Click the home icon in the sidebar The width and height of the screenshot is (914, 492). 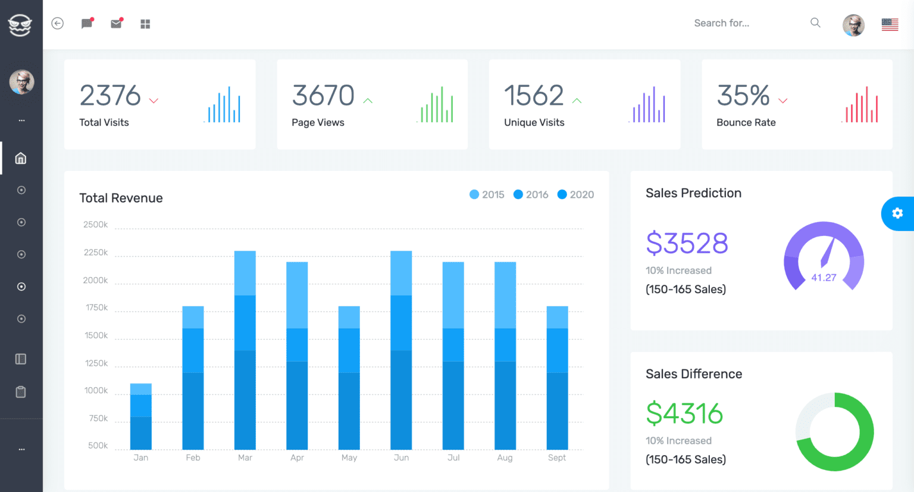[21, 158]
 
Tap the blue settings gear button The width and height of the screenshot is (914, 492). [897, 213]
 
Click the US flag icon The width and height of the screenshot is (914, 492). [890, 24]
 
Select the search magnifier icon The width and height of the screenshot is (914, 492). [815, 23]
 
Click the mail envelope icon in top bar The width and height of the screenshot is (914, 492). [116, 24]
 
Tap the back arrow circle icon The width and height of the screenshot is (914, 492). [58, 23]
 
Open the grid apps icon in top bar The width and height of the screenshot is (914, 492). [145, 24]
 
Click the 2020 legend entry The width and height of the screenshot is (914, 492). [575, 195]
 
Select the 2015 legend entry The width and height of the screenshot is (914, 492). [487, 195]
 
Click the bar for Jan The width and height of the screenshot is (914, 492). [141, 416]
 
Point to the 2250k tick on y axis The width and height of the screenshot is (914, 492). [96, 253]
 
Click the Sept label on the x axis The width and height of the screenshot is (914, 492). [557, 457]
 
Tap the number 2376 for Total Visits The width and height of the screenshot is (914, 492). [110, 96]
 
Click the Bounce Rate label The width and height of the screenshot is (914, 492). [746, 122]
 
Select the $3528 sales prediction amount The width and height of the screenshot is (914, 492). [687, 243]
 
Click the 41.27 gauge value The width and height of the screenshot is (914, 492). [824, 278]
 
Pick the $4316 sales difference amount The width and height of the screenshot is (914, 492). [684, 413]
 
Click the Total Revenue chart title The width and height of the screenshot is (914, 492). [121, 198]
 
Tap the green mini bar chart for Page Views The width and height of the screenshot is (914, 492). [436, 105]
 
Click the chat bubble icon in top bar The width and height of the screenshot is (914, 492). [87, 24]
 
